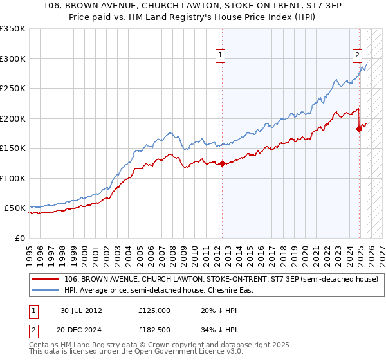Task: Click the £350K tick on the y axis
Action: (x=13, y=29)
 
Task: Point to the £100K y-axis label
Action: (x=13, y=178)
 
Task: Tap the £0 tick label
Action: (x=19, y=238)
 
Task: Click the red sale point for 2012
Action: (x=222, y=163)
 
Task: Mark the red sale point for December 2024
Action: (x=359, y=129)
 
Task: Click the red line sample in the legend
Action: (x=46, y=279)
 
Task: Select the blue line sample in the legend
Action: (x=46, y=290)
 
